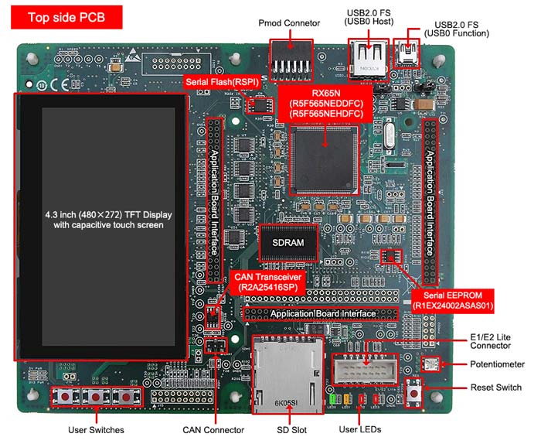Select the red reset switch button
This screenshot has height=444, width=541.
coord(416,394)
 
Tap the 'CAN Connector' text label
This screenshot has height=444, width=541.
coord(213,430)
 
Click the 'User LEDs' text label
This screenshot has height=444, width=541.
coord(360,430)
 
